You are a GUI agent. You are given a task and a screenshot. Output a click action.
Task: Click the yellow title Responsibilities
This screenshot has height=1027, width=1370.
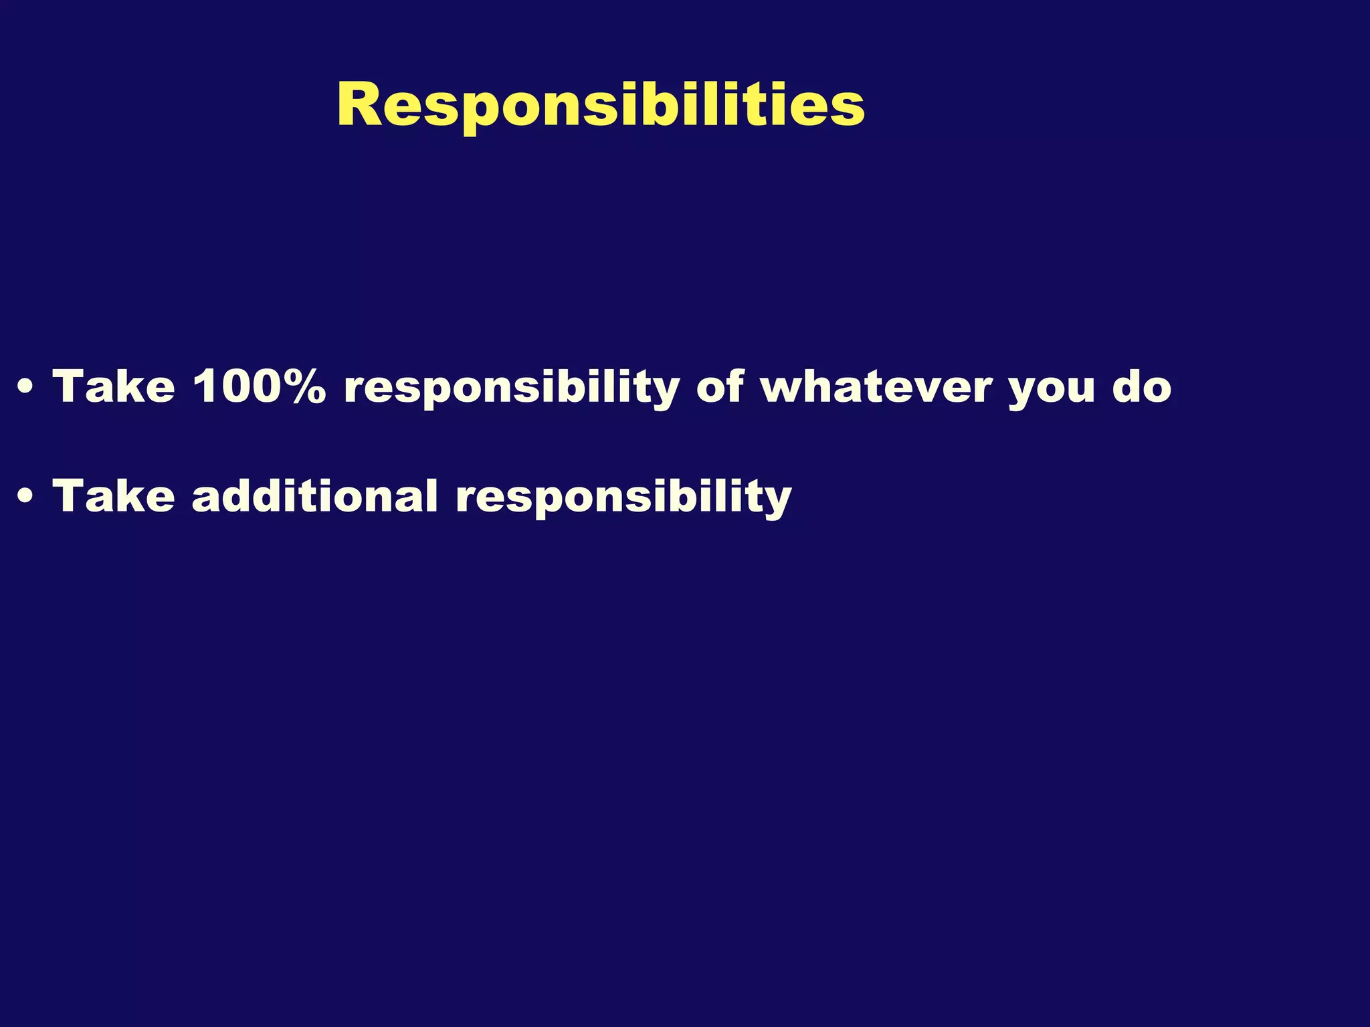click(601, 106)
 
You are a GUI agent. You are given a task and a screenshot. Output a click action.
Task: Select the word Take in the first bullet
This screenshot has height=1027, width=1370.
click(114, 386)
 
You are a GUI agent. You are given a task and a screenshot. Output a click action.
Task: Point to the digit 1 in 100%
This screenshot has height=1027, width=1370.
click(205, 386)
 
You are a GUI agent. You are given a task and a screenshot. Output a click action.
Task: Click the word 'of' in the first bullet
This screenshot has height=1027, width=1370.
click(720, 386)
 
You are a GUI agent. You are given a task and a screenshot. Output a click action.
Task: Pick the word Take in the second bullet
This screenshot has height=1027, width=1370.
click(114, 496)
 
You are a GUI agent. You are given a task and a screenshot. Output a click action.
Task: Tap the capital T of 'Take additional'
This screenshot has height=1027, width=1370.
click(70, 496)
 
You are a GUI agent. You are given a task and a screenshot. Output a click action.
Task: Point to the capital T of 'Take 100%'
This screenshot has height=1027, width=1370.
click(70, 386)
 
